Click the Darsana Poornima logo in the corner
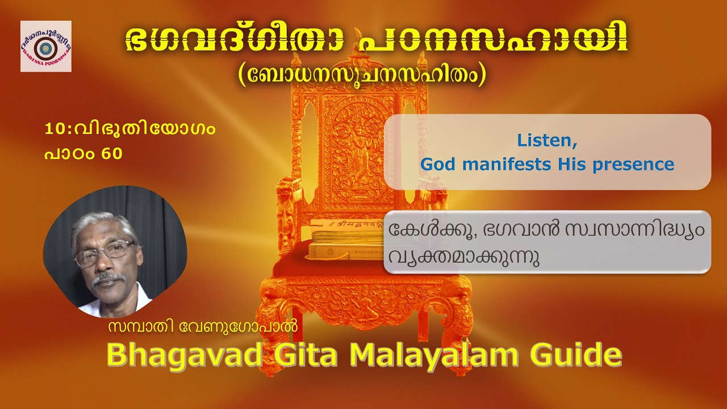click(46, 46)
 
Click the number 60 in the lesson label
click(112, 153)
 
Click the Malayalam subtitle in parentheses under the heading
click(363, 76)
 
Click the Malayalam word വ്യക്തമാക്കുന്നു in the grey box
click(463, 257)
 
